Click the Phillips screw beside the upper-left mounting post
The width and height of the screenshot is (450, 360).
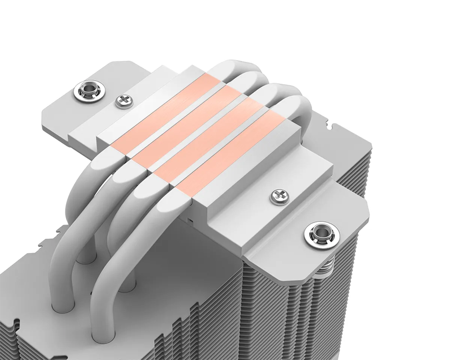122,100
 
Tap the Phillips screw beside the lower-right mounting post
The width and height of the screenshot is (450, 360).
279,195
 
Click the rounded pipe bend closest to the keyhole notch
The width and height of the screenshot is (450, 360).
296,109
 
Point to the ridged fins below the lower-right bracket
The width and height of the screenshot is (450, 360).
285,307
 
